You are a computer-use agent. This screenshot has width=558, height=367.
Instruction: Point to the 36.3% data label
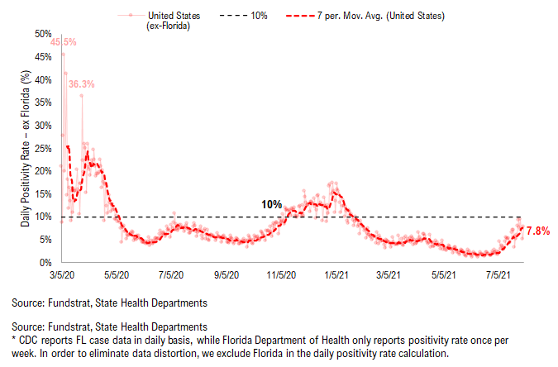coord(81,83)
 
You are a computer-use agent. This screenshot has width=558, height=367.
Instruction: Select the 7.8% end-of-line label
coord(538,231)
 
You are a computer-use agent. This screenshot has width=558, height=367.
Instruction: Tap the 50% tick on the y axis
coord(43,34)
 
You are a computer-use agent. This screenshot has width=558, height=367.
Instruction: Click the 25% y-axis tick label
coord(43,148)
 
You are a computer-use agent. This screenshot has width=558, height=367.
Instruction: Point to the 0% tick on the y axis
coord(45,262)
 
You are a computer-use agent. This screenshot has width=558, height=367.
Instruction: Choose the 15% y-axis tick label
coord(43,193)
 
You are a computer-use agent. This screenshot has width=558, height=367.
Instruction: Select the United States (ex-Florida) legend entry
coord(169,21)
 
